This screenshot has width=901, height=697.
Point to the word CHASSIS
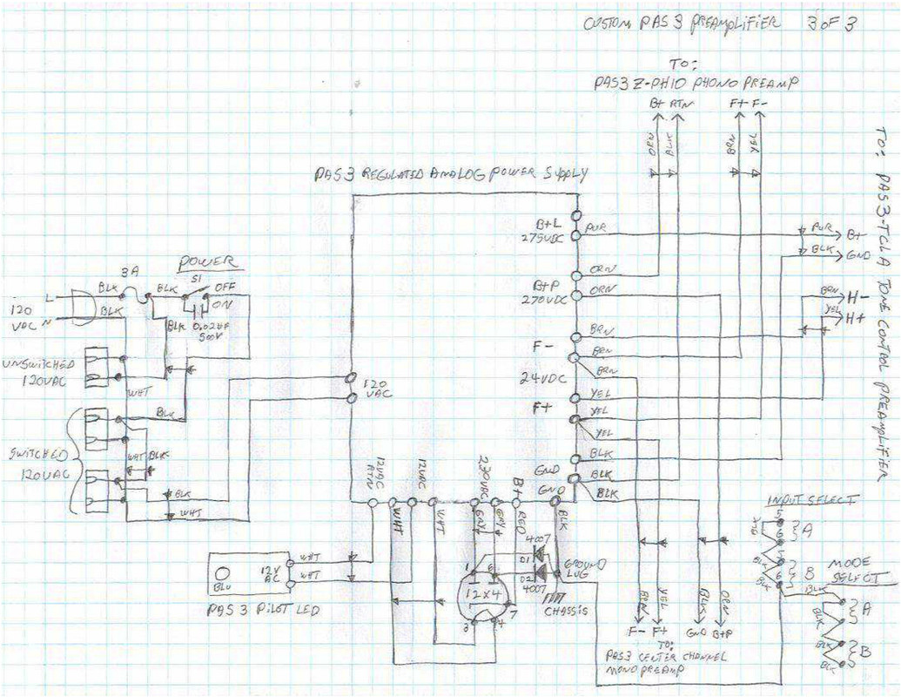(566, 610)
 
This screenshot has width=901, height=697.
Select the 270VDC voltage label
(546, 298)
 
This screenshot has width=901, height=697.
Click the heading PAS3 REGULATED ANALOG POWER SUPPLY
(451, 175)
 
